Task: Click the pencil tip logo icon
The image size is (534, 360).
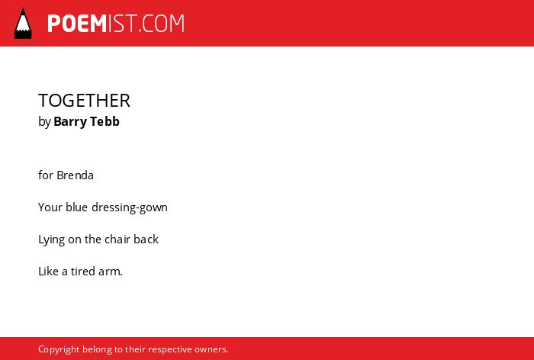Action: click(x=23, y=24)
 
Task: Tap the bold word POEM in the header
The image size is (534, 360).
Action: click(x=77, y=24)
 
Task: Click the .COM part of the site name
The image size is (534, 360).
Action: click(x=161, y=24)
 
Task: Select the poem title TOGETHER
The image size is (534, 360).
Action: click(x=84, y=101)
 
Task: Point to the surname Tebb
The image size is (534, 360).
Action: click(x=106, y=121)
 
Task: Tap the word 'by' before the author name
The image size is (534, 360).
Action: click(x=44, y=122)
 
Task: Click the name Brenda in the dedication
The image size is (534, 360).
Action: click(x=75, y=175)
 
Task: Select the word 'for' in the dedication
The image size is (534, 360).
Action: click(x=46, y=175)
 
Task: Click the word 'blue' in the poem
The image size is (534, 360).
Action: click(x=76, y=207)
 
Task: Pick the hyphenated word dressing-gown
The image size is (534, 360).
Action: click(x=130, y=207)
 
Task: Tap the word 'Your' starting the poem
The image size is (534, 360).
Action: click(x=50, y=207)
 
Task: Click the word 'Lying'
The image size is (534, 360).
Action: click(x=51, y=240)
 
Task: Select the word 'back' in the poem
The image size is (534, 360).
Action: click(x=146, y=239)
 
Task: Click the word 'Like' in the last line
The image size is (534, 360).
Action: click(x=48, y=272)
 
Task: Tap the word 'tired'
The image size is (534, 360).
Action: click(x=83, y=272)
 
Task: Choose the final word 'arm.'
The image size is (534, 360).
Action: click(x=111, y=272)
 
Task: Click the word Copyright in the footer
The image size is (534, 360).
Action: click(x=59, y=350)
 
